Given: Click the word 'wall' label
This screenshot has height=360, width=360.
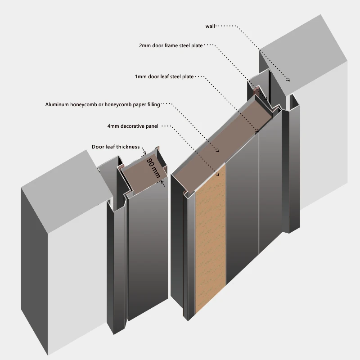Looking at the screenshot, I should (211, 27).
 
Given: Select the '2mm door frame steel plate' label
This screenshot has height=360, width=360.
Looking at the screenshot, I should (171, 45).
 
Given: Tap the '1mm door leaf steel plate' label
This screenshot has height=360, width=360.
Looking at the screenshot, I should (164, 77).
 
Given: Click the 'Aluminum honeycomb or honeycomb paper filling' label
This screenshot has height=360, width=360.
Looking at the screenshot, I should (103, 105).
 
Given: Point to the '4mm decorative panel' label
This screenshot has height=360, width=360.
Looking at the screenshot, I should (133, 126).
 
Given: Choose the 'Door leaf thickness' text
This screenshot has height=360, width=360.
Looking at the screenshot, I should (116, 147).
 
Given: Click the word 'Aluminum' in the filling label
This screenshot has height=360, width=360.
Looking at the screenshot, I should (58, 105).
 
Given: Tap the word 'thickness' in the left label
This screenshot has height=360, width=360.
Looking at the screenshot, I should (128, 147).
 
